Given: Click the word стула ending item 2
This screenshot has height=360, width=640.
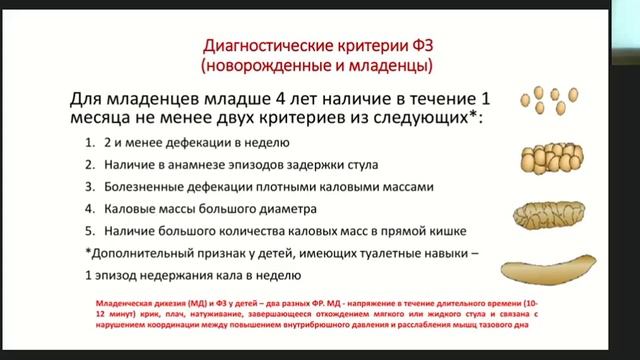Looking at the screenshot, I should (361, 164).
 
